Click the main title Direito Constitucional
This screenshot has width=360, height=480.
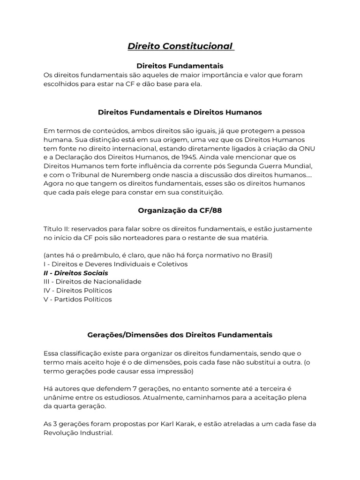point(180,46)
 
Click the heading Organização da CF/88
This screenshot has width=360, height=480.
point(180,210)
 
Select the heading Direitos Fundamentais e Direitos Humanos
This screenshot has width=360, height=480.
point(180,112)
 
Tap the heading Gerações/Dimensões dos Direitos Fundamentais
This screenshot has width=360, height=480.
point(180,335)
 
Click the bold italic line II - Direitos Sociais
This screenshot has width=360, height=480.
point(75,273)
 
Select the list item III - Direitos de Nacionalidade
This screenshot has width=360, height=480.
point(92,282)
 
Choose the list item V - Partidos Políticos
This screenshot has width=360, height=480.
point(78,300)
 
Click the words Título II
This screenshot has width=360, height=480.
point(56,229)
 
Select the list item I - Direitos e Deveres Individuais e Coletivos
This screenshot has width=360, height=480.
point(115,264)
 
